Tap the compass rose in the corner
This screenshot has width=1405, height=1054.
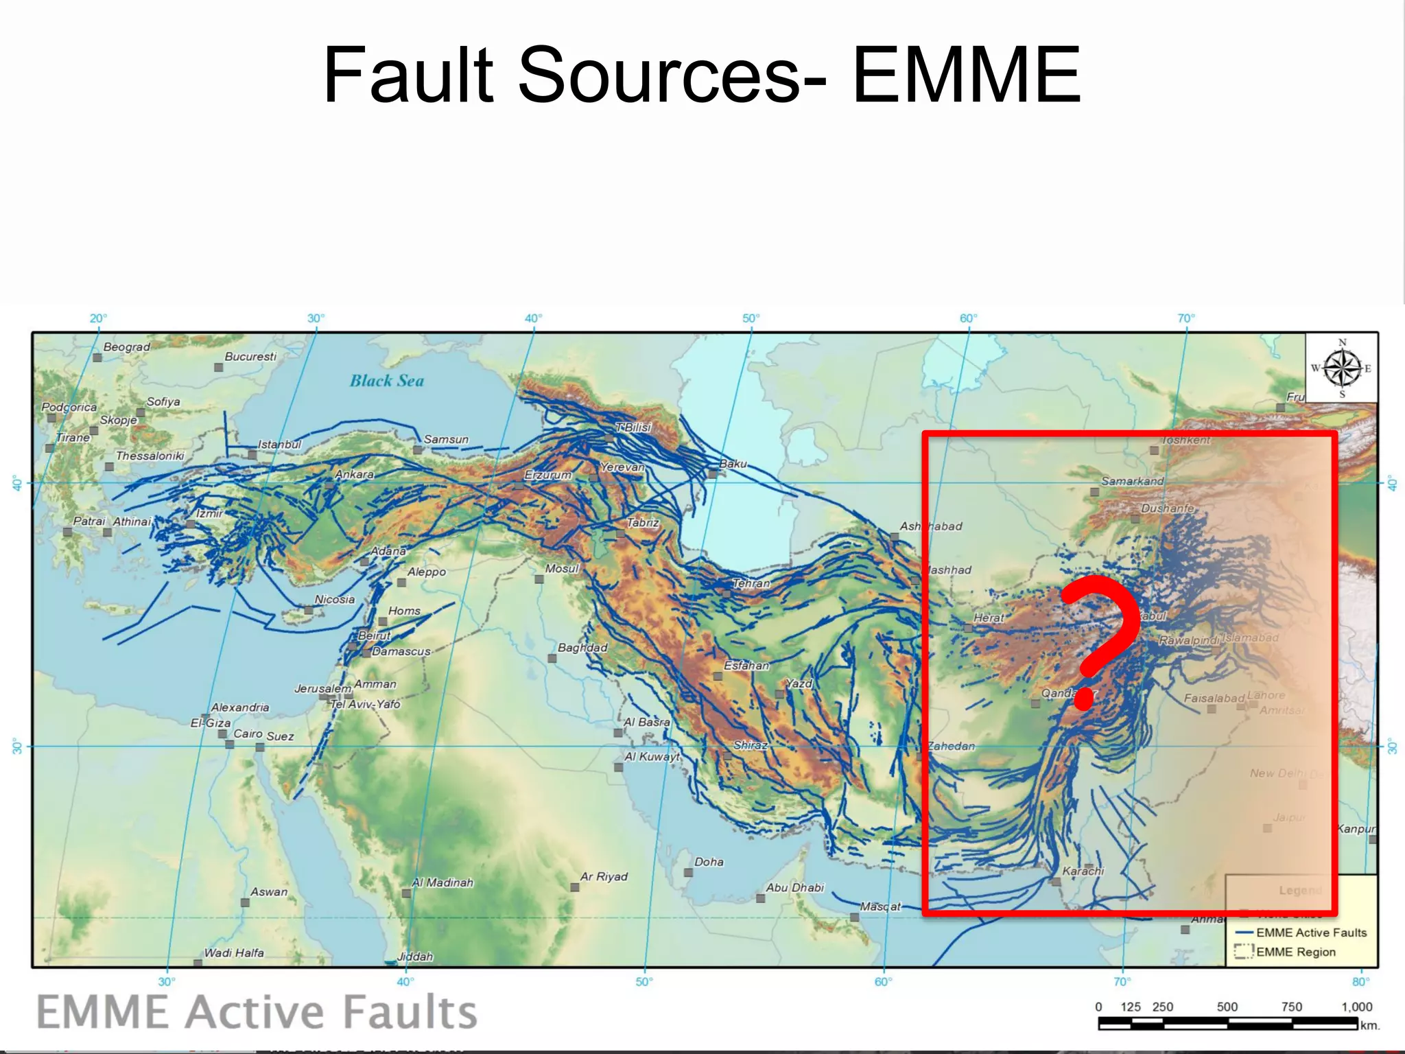click(1342, 368)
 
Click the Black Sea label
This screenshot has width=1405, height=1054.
click(387, 381)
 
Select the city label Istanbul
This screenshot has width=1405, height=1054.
click(279, 444)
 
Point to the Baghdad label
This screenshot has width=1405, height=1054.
click(582, 647)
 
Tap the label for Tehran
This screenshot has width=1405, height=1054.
click(751, 583)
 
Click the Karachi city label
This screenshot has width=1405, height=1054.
click(1083, 871)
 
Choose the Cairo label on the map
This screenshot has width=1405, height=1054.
click(248, 734)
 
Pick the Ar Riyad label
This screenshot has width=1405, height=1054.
click(604, 876)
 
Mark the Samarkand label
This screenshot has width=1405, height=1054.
click(1132, 481)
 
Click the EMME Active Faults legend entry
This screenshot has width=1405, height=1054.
click(1311, 933)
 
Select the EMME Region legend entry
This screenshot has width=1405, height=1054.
click(1295, 952)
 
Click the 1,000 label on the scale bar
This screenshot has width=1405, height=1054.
click(1356, 1007)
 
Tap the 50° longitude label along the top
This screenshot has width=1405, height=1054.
click(751, 318)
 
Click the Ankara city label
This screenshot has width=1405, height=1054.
click(354, 474)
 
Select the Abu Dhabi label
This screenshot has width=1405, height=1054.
click(794, 887)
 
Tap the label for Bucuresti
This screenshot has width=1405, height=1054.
click(250, 356)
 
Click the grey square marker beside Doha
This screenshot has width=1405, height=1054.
click(688, 872)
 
